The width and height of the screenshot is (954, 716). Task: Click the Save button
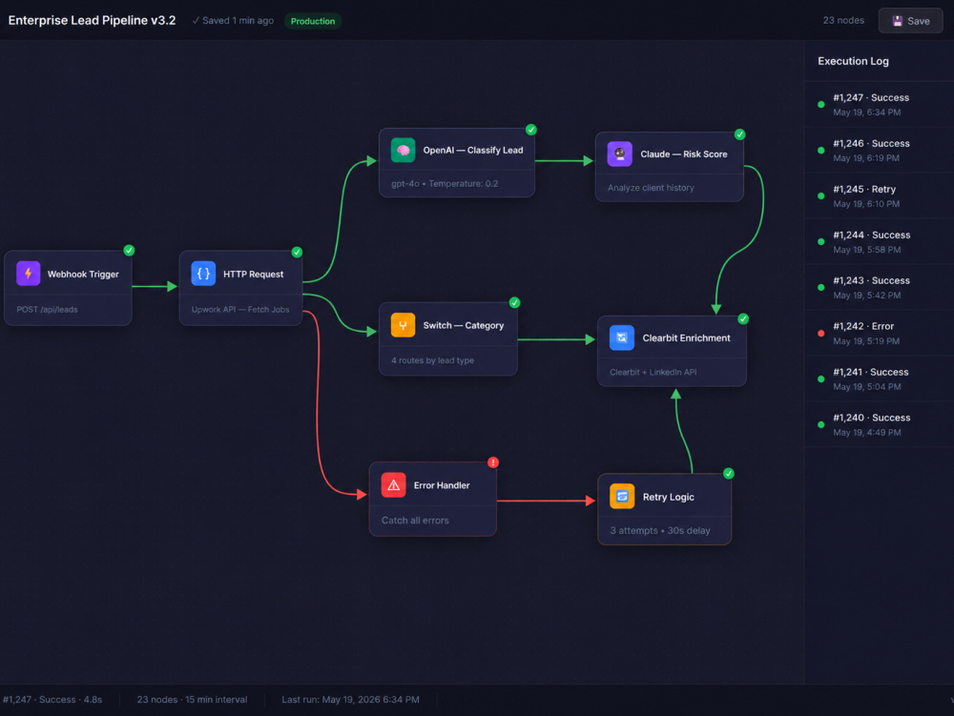click(x=910, y=21)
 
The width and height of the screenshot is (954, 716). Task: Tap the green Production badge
click(x=313, y=21)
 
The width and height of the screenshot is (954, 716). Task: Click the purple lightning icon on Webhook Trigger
click(x=28, y=274)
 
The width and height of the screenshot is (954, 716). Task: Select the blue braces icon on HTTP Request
click(x=203, y=274)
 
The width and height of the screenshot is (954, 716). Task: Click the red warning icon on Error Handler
click(x=393, y=485)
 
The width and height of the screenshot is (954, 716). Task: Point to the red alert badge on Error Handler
click(x=493, y=462)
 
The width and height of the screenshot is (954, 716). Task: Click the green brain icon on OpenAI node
click(x=403, y=150)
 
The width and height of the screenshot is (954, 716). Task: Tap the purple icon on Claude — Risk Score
click(x=619, y=153)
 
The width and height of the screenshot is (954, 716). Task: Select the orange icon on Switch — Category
click(x=403, y=325)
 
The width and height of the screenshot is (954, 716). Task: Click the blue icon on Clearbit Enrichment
click(x=622, y=338)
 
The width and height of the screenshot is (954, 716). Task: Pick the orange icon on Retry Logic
click(x=622, y=497)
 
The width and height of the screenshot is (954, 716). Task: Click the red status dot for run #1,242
click(x=820, y=333)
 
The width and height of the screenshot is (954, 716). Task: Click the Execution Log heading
click(x=853, y=61)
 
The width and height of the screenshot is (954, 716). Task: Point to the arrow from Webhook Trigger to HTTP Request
click(x=155, y=286)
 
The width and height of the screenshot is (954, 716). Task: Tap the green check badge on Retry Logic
click(x=728, y=474)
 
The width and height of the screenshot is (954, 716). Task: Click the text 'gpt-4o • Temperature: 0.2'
click(x=445, y=184)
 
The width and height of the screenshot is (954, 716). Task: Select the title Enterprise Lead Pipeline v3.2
click(x=92, y=20)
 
